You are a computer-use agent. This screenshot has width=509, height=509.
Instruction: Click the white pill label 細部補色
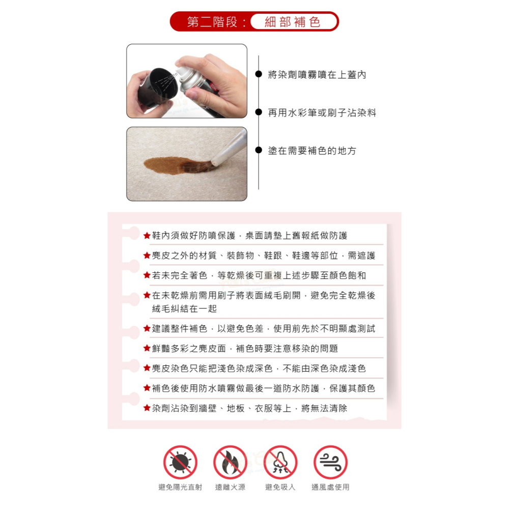[x=294, y=22]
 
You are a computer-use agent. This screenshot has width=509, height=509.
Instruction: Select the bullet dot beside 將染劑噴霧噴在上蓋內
[x=259, y=75]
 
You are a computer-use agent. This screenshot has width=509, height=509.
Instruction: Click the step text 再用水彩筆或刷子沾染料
[x=322, y=113]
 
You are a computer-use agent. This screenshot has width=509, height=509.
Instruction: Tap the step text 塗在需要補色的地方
[x=312, y=151]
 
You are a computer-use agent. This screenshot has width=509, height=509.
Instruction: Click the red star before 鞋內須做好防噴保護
[x=147, y=236]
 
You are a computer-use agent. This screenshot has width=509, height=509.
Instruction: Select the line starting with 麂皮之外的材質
[x=263, y=256]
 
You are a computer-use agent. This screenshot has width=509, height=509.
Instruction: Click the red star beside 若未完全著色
[x=147, y=275]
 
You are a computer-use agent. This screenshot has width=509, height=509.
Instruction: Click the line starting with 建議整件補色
[x=263, y=329]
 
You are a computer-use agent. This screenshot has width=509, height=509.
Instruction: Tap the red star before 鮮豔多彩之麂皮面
[x=147, y=349]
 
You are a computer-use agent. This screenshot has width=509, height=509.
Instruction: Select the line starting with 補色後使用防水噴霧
[x=263, y=388]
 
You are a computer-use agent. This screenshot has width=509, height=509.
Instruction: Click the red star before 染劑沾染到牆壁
[x=147, y=408]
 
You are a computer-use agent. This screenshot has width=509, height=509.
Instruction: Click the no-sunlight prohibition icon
[x=180, y=462]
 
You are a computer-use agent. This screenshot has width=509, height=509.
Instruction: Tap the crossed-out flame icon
[x=230, y=462]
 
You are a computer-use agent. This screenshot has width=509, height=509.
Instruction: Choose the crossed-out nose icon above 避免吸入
[x=280, y=462]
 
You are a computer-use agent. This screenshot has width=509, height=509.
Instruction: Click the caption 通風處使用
[x=330, y=488]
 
